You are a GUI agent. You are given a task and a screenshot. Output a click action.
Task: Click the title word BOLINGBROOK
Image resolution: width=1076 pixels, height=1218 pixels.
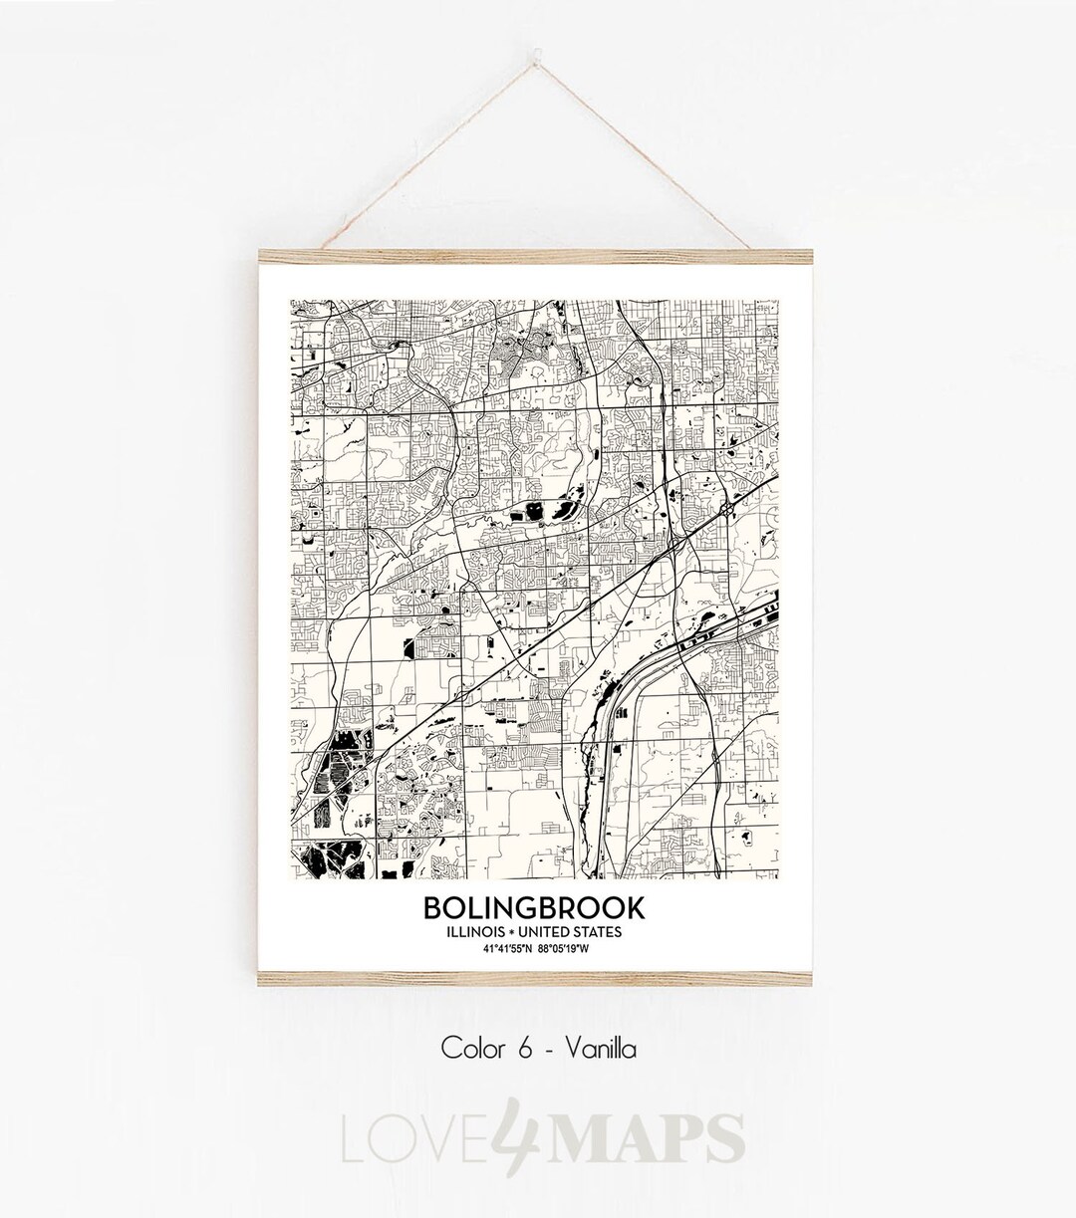[534, 908]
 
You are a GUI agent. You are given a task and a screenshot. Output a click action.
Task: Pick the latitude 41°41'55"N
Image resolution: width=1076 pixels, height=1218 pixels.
[505, 948]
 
